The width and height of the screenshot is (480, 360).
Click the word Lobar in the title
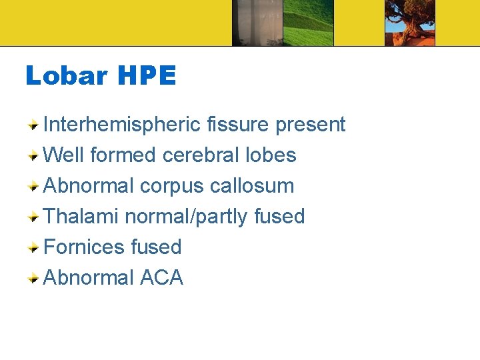(66, 76)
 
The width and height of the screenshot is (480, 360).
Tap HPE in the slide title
(147, 76)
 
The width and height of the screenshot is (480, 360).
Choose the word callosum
(252, 186)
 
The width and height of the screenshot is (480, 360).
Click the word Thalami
(81, 216)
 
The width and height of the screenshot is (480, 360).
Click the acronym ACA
(161, 277)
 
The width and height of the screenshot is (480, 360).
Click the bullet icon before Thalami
(33, 217)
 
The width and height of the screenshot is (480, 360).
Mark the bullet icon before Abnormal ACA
(33, 278)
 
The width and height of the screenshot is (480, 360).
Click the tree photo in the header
(409, 23)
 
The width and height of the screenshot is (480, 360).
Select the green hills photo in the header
(308, 23)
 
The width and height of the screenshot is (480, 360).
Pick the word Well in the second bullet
(63, 155)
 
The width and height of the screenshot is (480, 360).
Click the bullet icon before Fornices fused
(33, 247)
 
